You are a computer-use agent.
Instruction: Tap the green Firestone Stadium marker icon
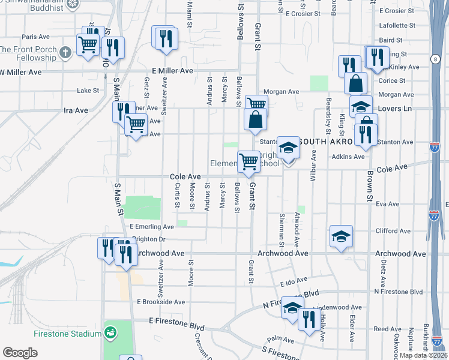coord(110,332)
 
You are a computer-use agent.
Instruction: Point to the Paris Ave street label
coord(35,37)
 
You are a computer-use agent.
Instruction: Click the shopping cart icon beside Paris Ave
coord(88,44)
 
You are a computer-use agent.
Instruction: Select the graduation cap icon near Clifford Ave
coord(340,236)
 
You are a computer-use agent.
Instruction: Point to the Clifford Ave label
coord(387,231)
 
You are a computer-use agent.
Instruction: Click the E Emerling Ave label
coord(151,227)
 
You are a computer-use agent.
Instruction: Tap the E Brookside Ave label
coord(161,302)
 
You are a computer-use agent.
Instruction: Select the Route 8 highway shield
coord(434,58)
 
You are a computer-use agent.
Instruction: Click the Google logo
coord(20,353)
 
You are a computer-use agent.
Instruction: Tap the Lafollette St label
coord(398,26)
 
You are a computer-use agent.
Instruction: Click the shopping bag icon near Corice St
coord(356,83)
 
